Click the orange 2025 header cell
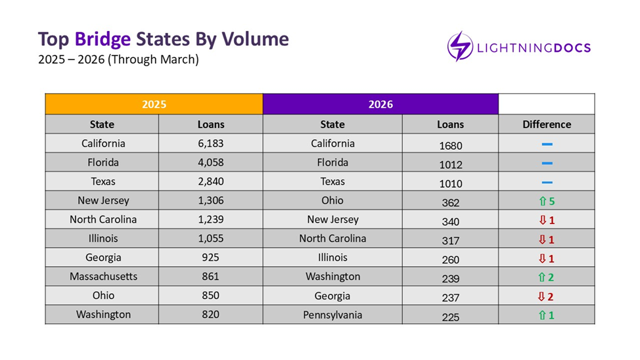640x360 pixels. click(x=154, y=104)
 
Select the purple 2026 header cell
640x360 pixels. click(x=380, y=104)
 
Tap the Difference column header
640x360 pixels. click(x=546, y=124)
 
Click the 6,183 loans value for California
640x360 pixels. click(x=211, y=143)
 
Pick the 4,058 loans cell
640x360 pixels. click(x=211, y=162)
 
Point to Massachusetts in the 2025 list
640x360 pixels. click(x=103, y=277)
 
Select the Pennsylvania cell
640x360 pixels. click(x=332, y=315)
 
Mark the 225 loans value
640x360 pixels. click(x=450, y=317)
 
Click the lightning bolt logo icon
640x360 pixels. click(x=460, y=47)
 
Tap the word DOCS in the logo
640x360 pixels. click(x=569, y=48)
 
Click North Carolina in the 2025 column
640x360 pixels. click(x=103, y=219)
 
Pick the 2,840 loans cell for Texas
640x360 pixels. click(x=211, y=181)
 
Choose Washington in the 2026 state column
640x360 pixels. click(x=332, y=277)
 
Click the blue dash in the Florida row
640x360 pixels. click(x=547, y=163)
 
